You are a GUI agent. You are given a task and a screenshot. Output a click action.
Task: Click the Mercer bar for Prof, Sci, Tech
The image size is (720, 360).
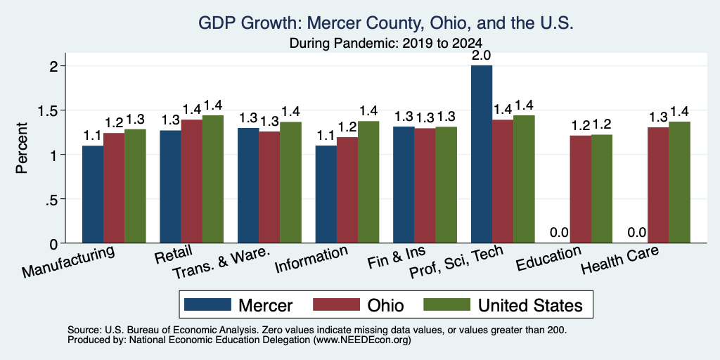(x=482, y=154)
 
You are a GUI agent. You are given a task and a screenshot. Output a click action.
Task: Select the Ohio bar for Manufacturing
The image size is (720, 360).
(x=114, y=188)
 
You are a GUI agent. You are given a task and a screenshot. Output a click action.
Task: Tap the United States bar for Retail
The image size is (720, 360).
(x=212, y=179)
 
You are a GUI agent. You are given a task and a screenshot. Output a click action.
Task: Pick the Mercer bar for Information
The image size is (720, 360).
(x=326, y=194)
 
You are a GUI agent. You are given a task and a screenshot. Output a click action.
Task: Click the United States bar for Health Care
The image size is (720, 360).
(x=680, y=182)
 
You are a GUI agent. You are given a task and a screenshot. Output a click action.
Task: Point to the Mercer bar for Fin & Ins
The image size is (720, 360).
(x=404, y=185)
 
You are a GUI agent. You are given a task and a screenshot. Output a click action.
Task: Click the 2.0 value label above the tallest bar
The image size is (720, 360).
(x=482, y=56)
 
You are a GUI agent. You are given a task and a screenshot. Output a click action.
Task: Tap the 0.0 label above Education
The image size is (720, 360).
(x=559, y=232)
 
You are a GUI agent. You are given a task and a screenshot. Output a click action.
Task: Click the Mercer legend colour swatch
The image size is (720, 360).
(x=207, y=304)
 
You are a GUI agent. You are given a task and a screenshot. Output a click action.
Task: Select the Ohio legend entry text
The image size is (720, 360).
(x=385, y=305)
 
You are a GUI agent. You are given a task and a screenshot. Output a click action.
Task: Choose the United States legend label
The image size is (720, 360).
(x=530, y=305)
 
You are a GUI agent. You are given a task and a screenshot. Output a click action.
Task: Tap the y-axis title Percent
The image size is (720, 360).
(x=21, y=148)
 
